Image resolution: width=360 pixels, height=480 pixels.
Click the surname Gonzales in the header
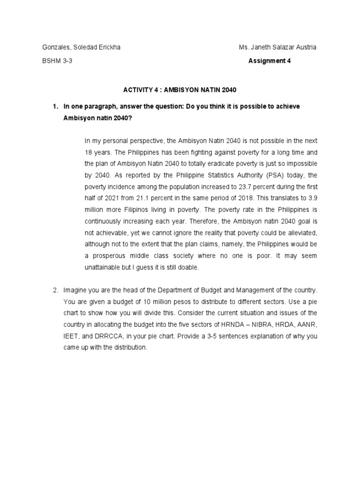(x=55, y=47)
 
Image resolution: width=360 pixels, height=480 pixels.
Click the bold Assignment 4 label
(x=270, y=60)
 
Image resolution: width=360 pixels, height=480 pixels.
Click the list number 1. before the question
(x=55, y=106)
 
